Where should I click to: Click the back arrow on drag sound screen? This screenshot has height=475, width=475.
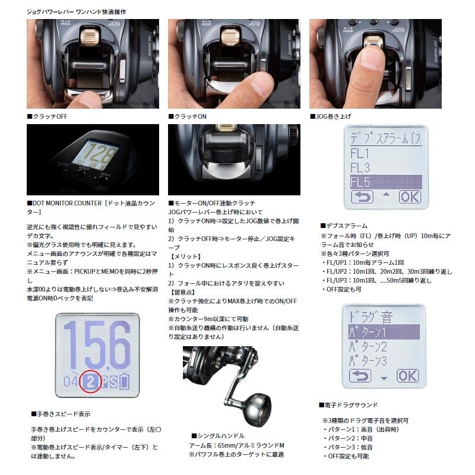point(360,375)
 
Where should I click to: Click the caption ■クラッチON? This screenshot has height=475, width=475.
point(188,116)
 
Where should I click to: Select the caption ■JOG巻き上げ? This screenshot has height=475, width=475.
point(334,116)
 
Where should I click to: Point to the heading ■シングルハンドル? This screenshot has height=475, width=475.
point(218,435)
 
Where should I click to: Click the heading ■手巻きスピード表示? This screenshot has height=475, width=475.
point(60,413)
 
